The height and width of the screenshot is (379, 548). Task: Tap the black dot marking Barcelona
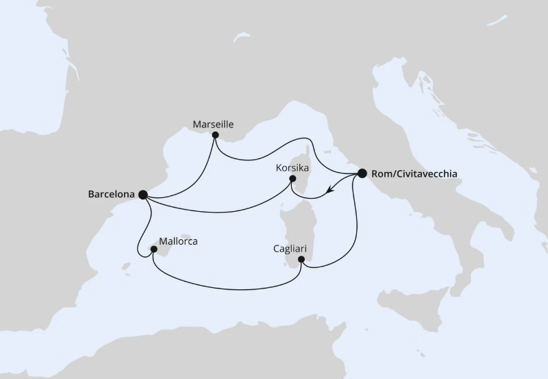pos(143,195)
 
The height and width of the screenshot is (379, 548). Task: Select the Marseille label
pos(214,125)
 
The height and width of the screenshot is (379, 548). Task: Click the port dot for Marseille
pos(214,136)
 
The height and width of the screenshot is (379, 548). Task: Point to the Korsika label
pos(292,167)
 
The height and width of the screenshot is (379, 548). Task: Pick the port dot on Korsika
pos(292,180)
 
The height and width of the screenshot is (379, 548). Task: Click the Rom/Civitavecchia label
pos(412,173)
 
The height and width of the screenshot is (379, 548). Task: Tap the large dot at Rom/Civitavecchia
pos(362,173)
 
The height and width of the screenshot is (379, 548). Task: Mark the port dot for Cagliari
pos(301,259)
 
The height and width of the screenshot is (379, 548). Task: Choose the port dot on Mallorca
pos(155,250)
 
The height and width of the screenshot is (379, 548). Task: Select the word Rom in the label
pos(380,173)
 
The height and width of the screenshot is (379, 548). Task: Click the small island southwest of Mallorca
pos(125,264)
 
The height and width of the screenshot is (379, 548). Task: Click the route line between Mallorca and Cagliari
pos(226,286)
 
